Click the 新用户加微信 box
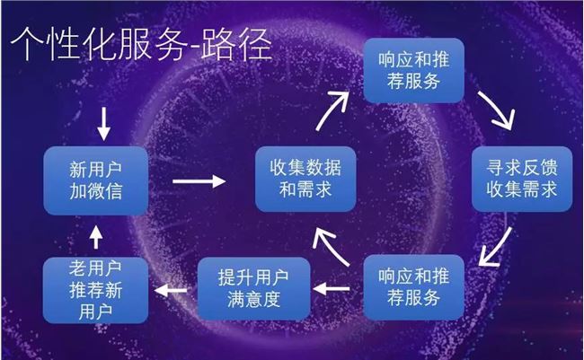pyautogui.click(x=96, y=180)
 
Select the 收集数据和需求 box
pyautogui.click(x=305, y=179)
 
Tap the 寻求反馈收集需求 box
pyautogui.click(x=522, y=179)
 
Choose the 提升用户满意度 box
pyautogui.click(x=253, y=288)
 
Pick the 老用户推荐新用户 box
pyautogui.click(x=95, y=290)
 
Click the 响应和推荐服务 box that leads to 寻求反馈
pyautogui.click(x=414, y=70)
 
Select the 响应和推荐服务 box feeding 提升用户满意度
pyautogui.click(x=414, y=287)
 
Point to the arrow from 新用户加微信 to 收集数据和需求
pyautogui.click(x=199, y=181)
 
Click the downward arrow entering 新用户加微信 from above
pyautogui.click(x=103, y=124)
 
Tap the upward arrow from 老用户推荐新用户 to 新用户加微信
pyautogui.click(x=96, y=237)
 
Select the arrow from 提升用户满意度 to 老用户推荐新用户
pyautogui.click(x=171, y=290)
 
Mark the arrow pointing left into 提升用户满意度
pyautogui.click(x=332, y=288)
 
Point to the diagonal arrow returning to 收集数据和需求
pyautogui.click(x=330, y=246)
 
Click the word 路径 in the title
pyautogui.click(x=236, y=44)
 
